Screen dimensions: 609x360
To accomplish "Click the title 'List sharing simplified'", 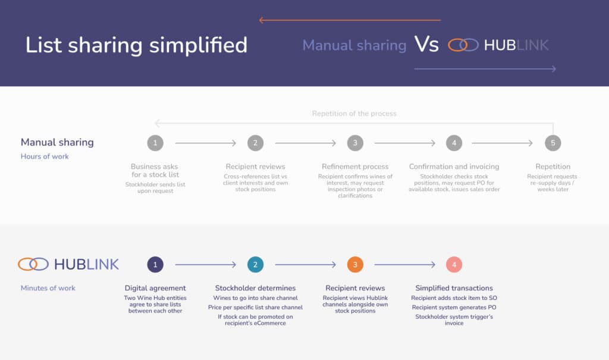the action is point(136,45).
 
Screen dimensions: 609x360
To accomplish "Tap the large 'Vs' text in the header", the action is point(426,44).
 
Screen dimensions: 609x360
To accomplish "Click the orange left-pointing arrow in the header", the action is point(350,20).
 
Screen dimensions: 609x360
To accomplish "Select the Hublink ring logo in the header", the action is point(463,45).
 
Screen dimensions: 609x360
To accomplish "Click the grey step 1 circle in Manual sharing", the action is point(155,143).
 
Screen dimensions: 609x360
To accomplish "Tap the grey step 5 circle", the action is point(553,143).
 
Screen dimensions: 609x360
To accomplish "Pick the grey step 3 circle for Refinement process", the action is point(355,143).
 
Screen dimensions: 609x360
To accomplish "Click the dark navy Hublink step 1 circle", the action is point(155,265).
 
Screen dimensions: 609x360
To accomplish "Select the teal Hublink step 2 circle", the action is point(255,265).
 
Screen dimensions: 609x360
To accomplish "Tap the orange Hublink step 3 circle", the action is point(355,265).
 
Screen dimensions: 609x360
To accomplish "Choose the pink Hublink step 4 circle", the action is point(454,265).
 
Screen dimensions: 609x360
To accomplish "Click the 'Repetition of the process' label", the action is point(354,114).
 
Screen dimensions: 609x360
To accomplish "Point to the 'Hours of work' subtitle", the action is point(45,156).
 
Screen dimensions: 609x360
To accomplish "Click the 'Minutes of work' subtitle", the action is point(48,288).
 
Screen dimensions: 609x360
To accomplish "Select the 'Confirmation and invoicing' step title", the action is point(454,167).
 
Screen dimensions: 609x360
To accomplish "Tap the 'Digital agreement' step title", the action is point(155,288).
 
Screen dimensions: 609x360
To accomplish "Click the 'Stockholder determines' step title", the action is point(255,288).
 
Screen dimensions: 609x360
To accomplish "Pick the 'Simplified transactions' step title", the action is point(454,288).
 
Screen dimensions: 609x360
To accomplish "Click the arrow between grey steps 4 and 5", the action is point(502,143).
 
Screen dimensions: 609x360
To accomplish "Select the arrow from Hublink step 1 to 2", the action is point(205,265).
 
